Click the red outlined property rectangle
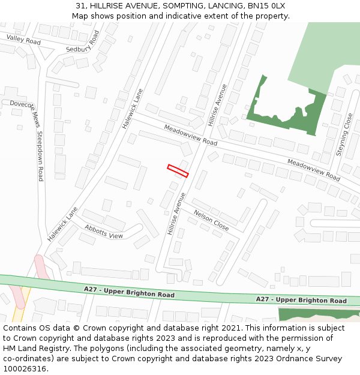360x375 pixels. click(178, 170)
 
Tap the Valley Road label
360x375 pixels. click(23, 40)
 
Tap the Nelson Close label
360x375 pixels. click(211, 220)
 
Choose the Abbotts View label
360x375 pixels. click(104, 232)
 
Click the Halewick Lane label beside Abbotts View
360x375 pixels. click(63, 224)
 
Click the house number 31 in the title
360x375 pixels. click(80, 6)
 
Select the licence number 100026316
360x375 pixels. click(25, 369)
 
